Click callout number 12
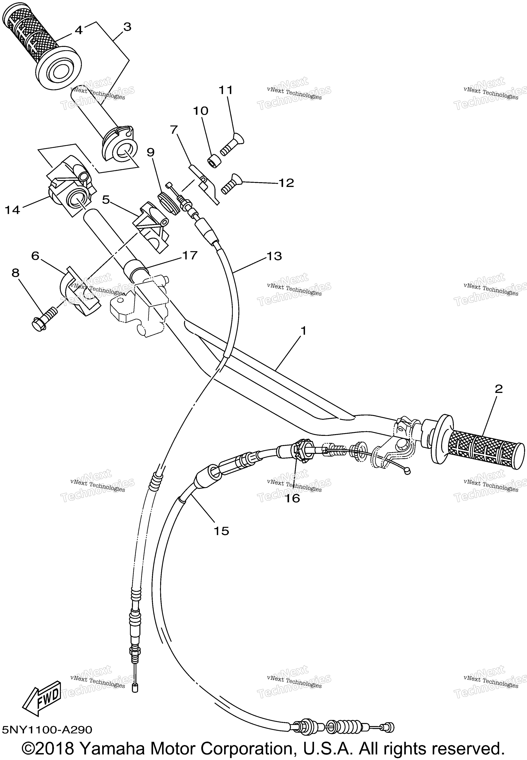tap(286, 183)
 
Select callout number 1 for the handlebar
tap(303, 331)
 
